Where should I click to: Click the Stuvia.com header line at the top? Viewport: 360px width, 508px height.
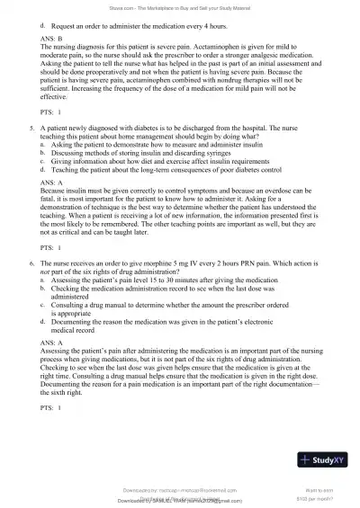coord(179,11)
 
